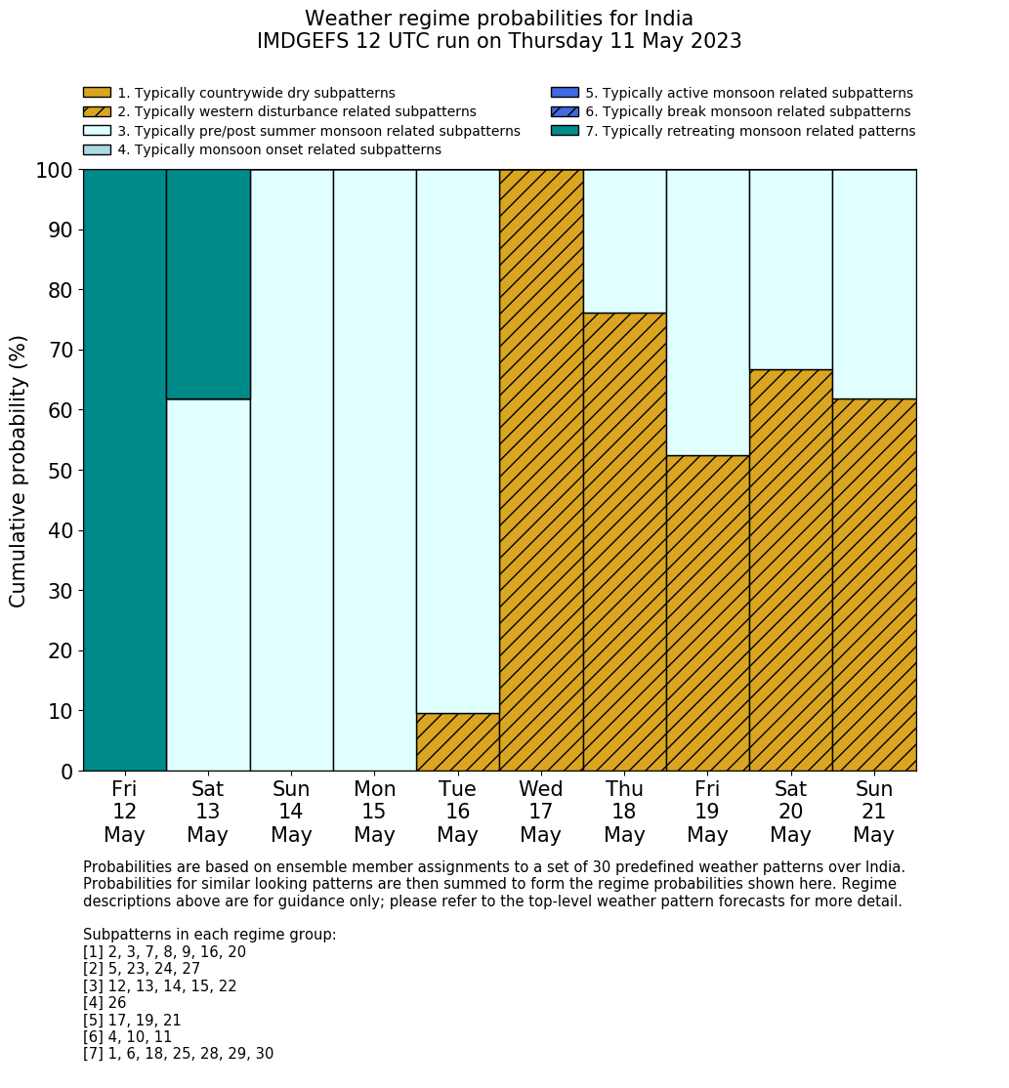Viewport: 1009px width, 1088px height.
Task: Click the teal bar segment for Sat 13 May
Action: (208, 284)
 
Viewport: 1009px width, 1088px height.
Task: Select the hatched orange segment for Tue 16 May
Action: (457, 742)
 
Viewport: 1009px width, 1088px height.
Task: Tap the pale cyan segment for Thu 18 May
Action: (624, 241)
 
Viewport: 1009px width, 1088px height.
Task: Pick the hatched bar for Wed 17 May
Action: (541, 470)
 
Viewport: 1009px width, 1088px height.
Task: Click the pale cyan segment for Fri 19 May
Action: (707, 313)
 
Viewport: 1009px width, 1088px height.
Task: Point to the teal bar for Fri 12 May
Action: (125, 470)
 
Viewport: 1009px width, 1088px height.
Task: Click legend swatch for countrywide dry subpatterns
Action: (97, 93)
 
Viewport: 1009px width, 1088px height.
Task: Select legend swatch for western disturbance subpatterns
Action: (97, 111)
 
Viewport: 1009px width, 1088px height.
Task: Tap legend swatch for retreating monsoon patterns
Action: (565, 131)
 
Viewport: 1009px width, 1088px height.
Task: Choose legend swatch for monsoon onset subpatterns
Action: (97, 149)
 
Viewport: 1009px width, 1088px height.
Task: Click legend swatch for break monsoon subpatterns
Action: (565, 111)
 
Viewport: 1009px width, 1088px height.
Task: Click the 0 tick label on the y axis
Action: (66, 772)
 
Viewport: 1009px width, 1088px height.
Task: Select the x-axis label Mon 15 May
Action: (374, 812)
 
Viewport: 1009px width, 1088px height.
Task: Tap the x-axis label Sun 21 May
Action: (874, 812)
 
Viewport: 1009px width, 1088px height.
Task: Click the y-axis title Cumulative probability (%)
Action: (19, 471)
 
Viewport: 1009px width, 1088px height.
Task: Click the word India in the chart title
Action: (664, 19)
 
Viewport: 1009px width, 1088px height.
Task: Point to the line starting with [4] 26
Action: (105, 1003)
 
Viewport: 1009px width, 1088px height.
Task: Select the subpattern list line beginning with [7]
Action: (178, 1054)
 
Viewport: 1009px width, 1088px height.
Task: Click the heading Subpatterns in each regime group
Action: (209, 935)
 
